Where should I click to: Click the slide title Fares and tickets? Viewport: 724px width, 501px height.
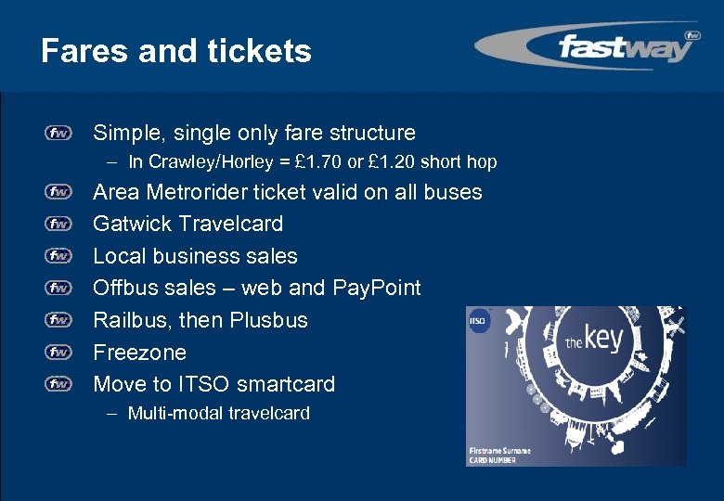(176, 50)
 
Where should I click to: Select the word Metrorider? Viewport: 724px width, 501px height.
(210, 192)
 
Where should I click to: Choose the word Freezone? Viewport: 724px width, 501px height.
(139, 353)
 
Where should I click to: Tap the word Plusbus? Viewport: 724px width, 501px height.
(269, 320)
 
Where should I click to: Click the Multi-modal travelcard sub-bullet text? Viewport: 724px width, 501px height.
(218, 414)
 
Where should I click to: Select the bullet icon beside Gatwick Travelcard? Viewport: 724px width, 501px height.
(59, 224)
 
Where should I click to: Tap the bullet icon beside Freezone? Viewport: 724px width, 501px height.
(59, 353)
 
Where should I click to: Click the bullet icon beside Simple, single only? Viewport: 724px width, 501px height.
(59, 134)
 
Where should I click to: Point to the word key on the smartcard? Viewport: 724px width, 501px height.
(603, 338)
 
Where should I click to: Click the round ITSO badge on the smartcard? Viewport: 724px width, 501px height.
(480, 323)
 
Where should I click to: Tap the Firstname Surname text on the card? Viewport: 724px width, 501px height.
(499, 450)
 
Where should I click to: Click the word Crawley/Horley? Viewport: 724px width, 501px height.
(200, 162)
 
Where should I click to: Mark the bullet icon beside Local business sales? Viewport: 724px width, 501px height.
(59, 256)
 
